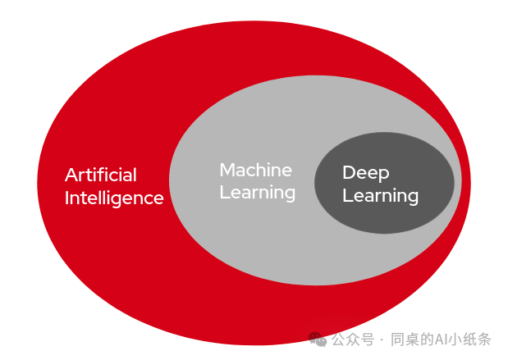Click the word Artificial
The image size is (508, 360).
pos(101,175)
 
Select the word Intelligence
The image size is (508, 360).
pos(114,198)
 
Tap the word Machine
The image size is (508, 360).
pos(255,170)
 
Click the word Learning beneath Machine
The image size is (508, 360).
pos(257,193)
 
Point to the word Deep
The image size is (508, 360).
pos(365,172)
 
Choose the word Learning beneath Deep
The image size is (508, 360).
pos(380,196)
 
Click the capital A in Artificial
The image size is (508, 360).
pos(71,175)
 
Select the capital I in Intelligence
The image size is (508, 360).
pos(67,198)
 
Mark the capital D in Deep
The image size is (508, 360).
pos(348,172)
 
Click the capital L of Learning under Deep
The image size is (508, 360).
pos(346,196)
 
